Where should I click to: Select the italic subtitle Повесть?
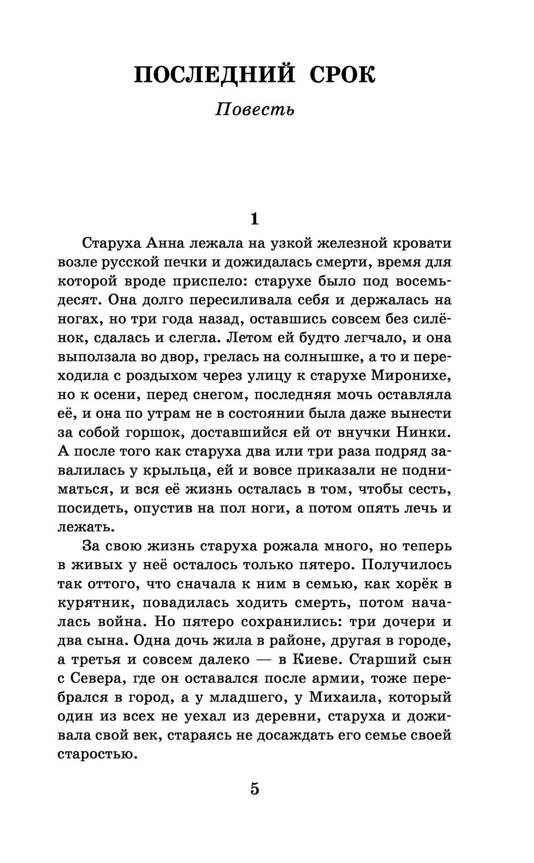click(x=254, y=110)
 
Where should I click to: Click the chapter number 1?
click(x=254, y=218)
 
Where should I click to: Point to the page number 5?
click(x=254, y=789)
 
